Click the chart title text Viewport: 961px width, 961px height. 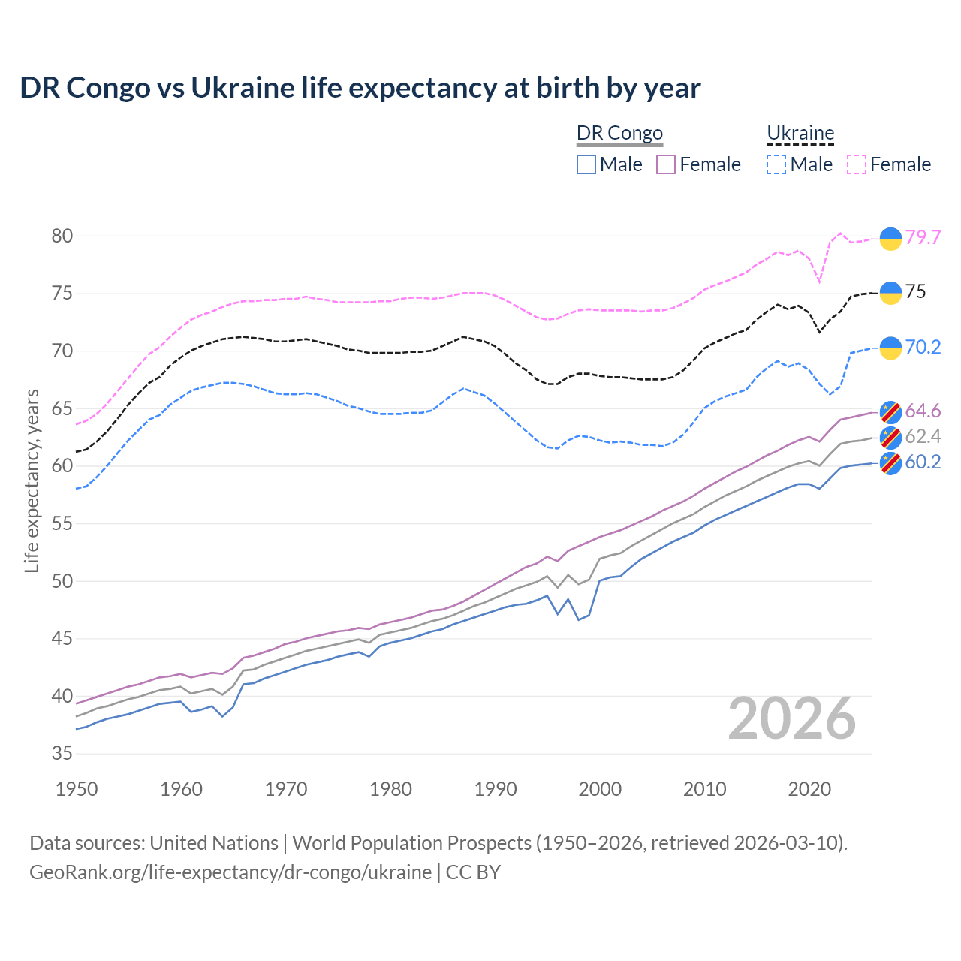click(x=360, y=88)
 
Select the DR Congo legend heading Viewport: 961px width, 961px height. click(x=619, y=133)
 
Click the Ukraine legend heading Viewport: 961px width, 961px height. click(x=800, y=133)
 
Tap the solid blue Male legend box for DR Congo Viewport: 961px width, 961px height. click(x=586, y=164)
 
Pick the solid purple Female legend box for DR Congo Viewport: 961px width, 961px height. click(x=666, y=164)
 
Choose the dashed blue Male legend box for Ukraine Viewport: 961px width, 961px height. click(x=776, y=164)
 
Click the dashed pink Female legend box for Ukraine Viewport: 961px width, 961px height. click(x=857, y=164)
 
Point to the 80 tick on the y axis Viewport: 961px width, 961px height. click(x=62, y=236)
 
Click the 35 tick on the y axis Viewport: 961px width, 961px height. click(x=62, y=753)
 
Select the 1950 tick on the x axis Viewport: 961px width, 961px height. click(x=77, y=789)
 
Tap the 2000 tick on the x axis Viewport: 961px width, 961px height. click(x=600, y=789)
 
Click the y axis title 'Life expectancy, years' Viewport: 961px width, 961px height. click(x=32, y=480)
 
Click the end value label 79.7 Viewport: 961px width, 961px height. click(x=923, y=237)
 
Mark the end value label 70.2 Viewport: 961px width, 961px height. click(x=923, y=347)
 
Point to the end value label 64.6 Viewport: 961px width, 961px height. click(x=923, y=411)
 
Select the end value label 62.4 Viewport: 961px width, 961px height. click(x=923, y=436)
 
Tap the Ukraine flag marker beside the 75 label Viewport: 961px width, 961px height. click(x=890, y=293)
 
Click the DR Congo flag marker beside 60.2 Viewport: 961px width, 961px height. click(x=890, y=463)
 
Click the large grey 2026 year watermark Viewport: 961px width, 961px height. click(x=791, y=718)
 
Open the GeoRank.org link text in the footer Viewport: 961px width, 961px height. click(x=230, y=872)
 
